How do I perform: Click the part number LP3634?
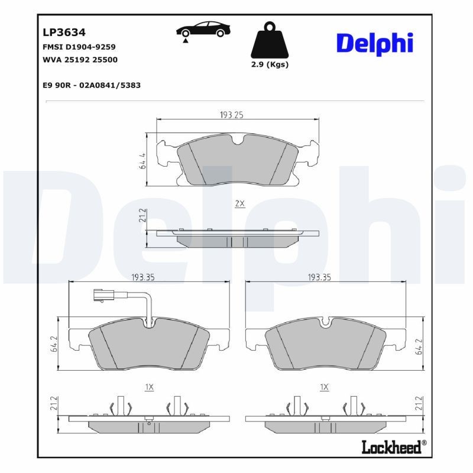point(60,32)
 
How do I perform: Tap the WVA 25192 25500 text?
point(80,60)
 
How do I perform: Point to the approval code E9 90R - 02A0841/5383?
point(92,85)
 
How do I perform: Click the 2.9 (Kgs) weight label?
point(270,64)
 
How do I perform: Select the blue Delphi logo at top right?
point(374,43)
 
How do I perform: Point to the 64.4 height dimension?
point(142,160)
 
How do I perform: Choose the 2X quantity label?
point(239,203)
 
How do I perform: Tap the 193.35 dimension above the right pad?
point(319,277)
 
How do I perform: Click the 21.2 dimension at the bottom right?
point(419,404)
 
